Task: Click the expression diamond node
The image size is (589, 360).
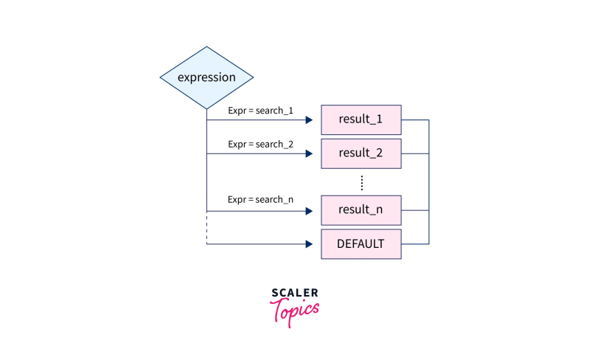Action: (206, 77)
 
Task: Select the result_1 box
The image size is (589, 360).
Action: (361, 119)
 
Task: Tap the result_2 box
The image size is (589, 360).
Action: (361, 153)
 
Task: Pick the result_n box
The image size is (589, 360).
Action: (361, 210)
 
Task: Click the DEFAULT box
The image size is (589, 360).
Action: (361, 243)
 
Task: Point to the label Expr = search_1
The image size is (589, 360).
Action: (260, 111)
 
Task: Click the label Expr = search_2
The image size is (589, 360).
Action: (260, 145)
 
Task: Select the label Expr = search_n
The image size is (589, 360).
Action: (260, 200)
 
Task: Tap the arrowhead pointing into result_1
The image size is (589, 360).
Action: (309, 120)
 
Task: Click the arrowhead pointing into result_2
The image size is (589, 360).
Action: (309, 154)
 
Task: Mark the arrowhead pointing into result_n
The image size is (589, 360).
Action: (309, 211)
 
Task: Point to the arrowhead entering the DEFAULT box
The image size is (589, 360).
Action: (309, 244)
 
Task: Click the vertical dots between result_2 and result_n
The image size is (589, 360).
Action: (361, 182)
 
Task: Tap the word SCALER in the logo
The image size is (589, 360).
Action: (295, 293)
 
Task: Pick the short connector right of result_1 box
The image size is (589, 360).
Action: (415, 120)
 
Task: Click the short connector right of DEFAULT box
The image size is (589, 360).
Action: (415, 244)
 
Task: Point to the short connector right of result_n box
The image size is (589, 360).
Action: (415, 211)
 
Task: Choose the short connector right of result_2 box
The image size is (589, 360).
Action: (415, 154)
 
